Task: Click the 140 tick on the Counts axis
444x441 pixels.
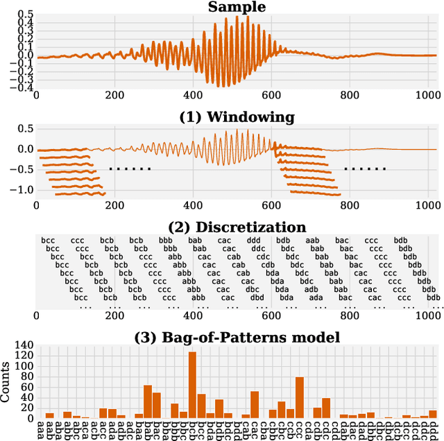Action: [24, 345]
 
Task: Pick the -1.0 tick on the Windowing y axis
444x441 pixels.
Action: [22, 189]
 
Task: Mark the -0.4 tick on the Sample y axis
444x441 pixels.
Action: [24, 87]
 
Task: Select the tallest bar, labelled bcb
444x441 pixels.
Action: [192, 385]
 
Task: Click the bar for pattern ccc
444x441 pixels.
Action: [300, 397]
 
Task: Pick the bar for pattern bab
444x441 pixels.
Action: [148, 401]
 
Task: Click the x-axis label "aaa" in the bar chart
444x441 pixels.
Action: [40, 430]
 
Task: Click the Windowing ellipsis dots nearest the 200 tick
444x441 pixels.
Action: [130, 168]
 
